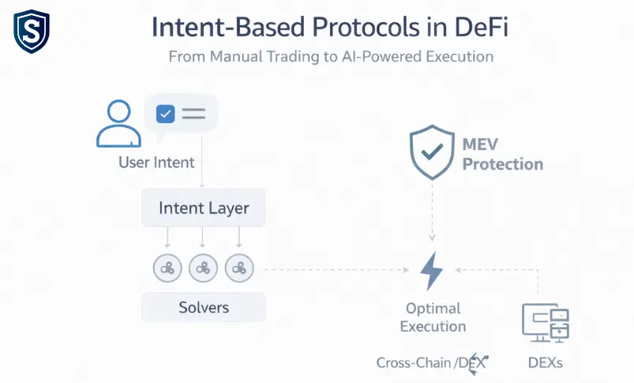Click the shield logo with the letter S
32,32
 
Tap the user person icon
118,123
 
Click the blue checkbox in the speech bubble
165,114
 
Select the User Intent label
156,163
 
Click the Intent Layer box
204,208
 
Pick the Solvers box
204,307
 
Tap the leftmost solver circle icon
167,268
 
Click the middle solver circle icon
203,268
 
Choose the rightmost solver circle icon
239,268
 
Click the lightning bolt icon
431,271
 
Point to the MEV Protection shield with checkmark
432,152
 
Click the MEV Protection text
503,155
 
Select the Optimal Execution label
433,317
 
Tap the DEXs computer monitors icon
546,323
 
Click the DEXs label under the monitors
546,362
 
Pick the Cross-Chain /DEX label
432,362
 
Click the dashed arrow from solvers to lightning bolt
337,270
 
